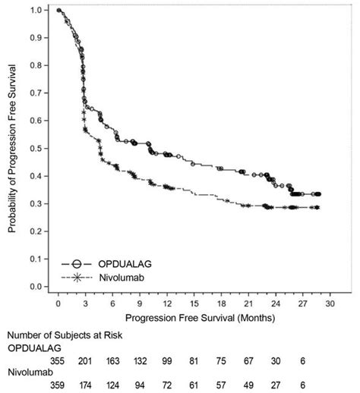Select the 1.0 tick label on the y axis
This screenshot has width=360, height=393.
35,10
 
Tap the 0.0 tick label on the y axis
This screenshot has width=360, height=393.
35,287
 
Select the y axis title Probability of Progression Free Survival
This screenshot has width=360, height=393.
13,148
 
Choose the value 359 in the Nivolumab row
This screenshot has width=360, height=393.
58,385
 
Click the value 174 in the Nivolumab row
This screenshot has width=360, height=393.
85,385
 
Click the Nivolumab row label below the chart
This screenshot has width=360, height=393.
29,373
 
